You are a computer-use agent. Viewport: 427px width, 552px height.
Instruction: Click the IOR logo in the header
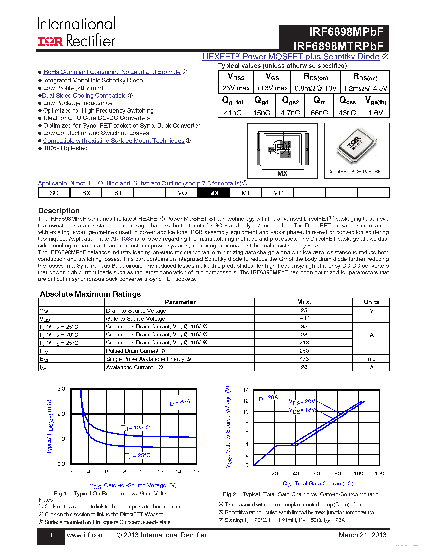[50, 42]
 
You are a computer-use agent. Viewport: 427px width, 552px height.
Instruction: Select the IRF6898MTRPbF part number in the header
[338, 46]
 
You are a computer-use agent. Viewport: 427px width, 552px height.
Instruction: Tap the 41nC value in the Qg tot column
[232, 113]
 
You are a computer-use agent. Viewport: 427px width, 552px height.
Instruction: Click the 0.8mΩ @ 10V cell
[315, 88]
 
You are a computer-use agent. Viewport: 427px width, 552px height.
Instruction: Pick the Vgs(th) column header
[375, 101]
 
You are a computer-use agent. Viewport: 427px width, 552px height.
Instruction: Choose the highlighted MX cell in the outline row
[214, 193]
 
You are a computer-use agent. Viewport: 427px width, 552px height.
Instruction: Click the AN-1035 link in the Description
[122, 239]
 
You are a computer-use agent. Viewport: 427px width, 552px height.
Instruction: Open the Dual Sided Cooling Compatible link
[84, 96]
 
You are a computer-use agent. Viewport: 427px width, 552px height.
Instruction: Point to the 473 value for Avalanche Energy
[304, 359]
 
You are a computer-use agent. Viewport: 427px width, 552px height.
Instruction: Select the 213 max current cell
[304, 342]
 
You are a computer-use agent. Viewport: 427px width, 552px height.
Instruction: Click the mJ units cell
[371, 359]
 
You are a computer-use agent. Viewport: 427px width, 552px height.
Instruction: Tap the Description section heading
[59, 211]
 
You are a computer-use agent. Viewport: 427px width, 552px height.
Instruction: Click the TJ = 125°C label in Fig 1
[136, 427]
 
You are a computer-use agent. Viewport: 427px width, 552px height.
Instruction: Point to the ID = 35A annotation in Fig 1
[179, 402]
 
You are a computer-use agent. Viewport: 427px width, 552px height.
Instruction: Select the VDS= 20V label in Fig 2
[302, 402]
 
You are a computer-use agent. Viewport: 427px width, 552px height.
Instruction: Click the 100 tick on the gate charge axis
[358, 473]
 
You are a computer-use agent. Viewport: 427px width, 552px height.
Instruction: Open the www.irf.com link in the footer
[86, 535]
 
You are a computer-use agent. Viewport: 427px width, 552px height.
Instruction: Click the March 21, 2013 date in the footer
[362, 535]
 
